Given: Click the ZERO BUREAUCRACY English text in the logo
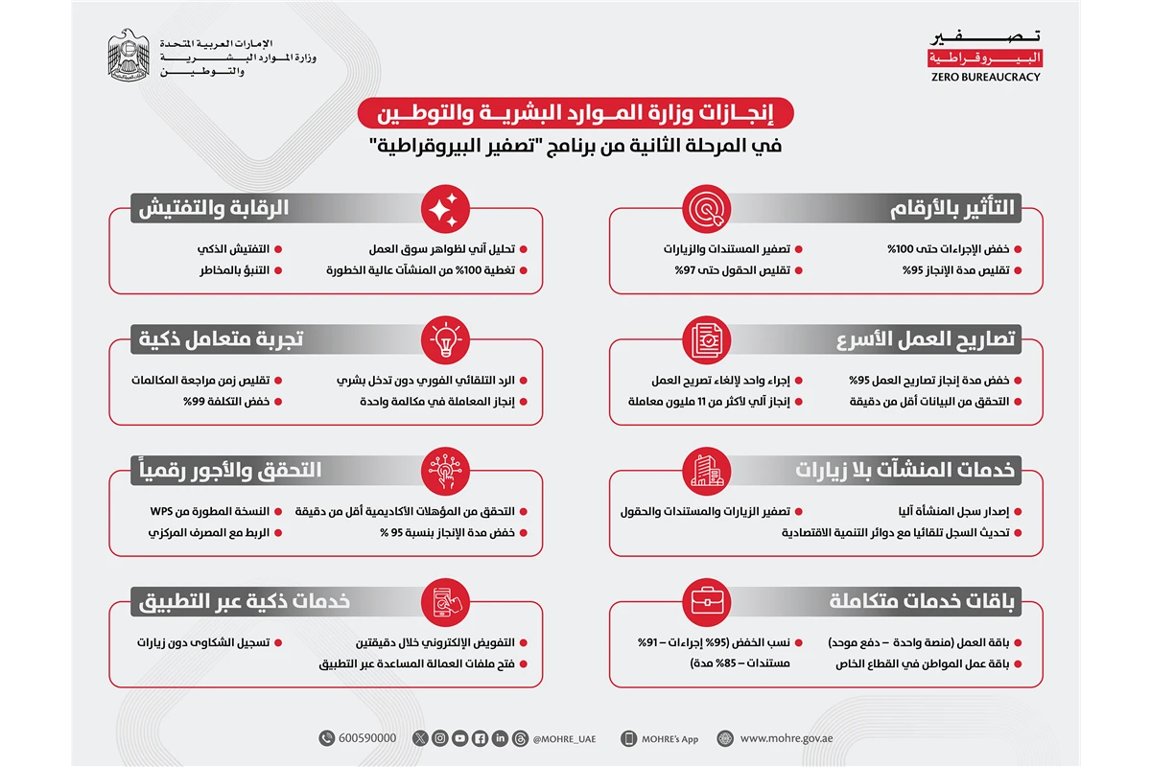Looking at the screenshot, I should (985, 77).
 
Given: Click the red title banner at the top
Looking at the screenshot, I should (575, 114).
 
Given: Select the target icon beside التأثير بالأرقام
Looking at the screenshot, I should (707, 207).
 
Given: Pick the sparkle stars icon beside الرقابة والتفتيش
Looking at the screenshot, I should (444, 207).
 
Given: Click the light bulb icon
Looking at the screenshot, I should (444, 339).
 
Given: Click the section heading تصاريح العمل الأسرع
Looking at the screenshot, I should (925, 339).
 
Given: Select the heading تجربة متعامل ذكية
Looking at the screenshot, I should (222, 339).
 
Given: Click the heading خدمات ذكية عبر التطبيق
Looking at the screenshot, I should (245, 602).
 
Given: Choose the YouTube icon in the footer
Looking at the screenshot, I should (460, 738).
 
